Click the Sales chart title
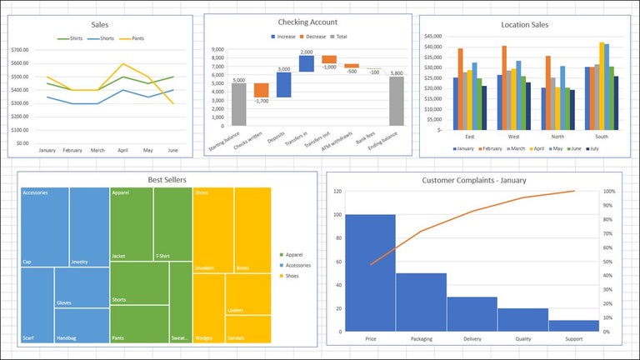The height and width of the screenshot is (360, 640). click(x=99, y=25)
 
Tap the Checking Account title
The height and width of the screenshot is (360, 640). click(x=307, y=22)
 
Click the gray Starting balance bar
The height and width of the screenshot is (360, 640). click(x=238, y=104)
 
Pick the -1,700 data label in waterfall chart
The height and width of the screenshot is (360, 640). click(x=261, y=102)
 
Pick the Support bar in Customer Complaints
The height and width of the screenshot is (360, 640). click(x=573, y=325)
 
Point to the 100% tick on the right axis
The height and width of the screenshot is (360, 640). click(x=609, y=192)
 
